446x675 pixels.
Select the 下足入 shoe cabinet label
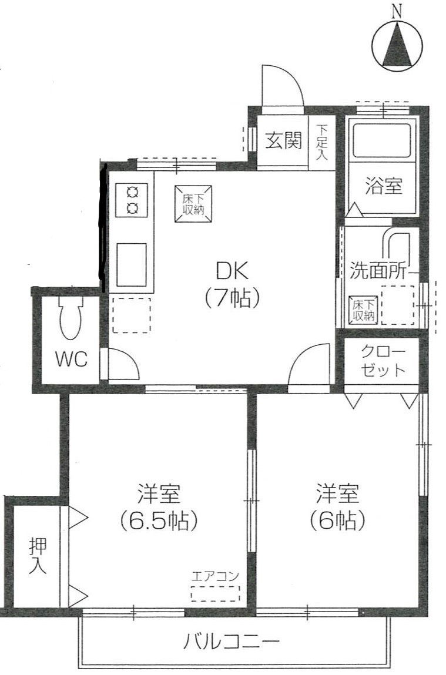click(321, 142)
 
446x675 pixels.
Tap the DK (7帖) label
click(232, 284)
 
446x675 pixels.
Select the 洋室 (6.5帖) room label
click(159, 506)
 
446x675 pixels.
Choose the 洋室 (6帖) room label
click(337, 506)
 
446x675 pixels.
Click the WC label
click(72, 359)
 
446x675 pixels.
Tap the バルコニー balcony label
click(232, 643)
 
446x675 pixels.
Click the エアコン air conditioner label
click(215, 576)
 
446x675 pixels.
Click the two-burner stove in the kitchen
click(132, 200)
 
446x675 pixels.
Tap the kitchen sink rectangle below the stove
click(132, 265)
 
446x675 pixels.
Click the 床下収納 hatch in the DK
click(193, 204)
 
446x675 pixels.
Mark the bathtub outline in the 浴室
click(383, 141)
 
